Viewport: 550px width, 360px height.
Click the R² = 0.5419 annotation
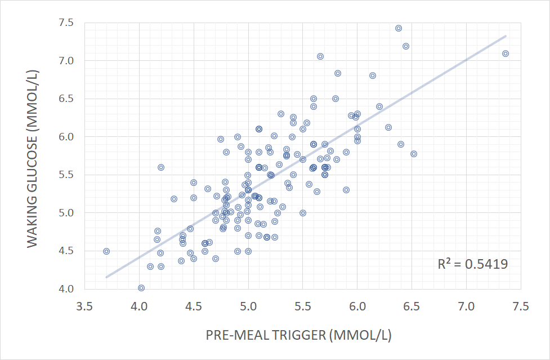tap(472, 264)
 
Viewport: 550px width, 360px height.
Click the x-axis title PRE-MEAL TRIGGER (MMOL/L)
tap(298, 335)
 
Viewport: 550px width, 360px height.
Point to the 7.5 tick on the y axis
tap(66, 23)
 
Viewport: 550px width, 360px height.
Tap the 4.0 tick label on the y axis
tap(66, 289)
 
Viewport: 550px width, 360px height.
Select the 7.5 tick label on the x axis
tap(521, 307)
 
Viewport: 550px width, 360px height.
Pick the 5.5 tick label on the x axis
tap(303, 307)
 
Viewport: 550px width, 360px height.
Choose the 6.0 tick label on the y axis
tap(66, 137)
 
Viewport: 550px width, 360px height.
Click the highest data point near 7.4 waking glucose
tap(399, 28)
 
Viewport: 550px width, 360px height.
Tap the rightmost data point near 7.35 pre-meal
tap(506, 54)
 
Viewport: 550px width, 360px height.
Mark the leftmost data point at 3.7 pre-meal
tap(106, 251)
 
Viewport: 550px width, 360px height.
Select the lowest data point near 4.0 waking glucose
tap(141, 288)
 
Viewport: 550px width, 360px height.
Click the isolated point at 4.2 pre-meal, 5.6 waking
tap(161, 167)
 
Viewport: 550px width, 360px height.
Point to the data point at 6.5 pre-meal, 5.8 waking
tap(414, 154)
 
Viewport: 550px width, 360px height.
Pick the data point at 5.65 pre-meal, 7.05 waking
tap(320, 56)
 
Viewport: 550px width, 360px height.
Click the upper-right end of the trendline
tap(506, 36)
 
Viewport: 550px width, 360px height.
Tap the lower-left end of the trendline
tap(106, 277)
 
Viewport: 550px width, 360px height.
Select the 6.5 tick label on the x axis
tap(412, 307)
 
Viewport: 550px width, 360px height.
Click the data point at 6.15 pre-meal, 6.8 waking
tap(373, 75)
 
